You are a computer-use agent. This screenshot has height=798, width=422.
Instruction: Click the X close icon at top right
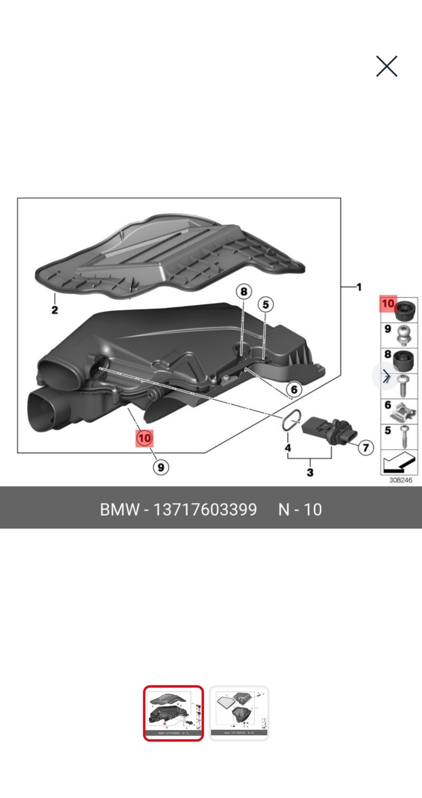tap(386, 66)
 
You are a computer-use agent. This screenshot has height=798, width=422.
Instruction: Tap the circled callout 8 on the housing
tap(244, 291)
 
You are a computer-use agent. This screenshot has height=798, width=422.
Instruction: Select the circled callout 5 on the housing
tap(266, 304)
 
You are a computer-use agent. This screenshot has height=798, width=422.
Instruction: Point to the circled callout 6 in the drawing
tap(294, 389)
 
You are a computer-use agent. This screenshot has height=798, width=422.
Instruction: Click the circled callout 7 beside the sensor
tap(366, 447)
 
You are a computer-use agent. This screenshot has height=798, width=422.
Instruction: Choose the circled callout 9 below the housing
tap(161, 467)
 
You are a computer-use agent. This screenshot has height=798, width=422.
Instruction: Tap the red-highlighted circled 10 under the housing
tap(144, 438)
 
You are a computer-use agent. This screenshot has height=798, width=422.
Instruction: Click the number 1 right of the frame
tap(359, 287)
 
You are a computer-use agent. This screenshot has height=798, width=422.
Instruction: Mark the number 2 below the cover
tap(55, 310)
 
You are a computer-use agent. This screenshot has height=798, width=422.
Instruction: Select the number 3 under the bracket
tap(310, 472)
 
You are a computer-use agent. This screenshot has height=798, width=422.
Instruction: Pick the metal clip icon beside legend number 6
tap(404, 411)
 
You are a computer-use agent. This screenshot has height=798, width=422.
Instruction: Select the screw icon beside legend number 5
tap(404, 436)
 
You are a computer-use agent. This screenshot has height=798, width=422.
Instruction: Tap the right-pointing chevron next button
tap(386, 377)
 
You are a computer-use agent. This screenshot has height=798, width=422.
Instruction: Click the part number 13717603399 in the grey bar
tap(205, 509)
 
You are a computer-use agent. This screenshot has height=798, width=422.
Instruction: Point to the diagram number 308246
tap(400, 480)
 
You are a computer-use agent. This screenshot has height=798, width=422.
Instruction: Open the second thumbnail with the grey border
tap(239, 713)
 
